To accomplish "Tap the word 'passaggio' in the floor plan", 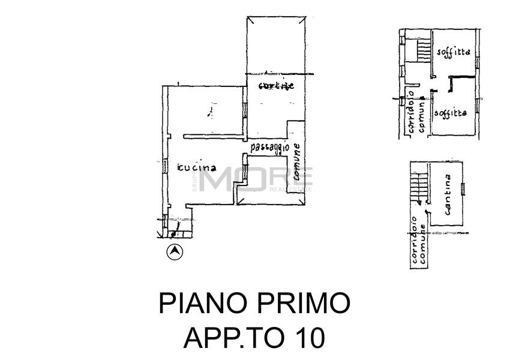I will (269, 146).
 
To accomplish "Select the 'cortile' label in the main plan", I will (276, 86).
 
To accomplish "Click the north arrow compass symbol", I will (175, 253).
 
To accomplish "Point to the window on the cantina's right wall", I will (463, 189).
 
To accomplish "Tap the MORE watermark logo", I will (255, 178).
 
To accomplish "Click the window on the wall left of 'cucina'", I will (164, 167).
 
